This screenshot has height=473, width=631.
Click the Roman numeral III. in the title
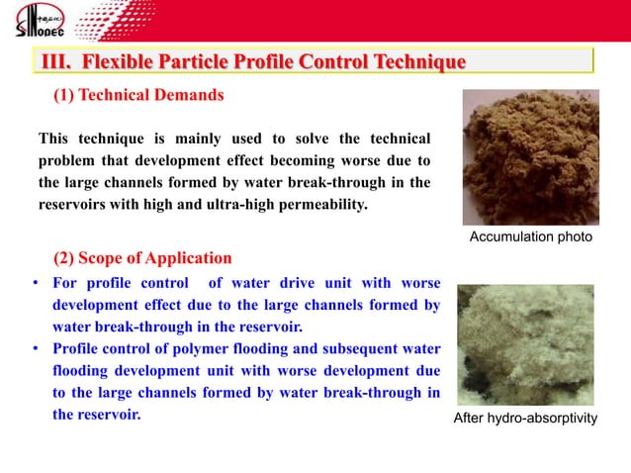[56, 63]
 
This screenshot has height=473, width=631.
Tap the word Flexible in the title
[118, 63]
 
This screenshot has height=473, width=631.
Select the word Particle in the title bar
[196, 63]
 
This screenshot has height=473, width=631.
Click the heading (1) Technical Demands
[137, 96]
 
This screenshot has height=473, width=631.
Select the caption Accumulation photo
[530, 237]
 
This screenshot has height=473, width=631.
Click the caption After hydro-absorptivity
[525, 419]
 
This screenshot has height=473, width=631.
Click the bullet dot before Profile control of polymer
[34, 349]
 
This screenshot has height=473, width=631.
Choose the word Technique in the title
[413, 63]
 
